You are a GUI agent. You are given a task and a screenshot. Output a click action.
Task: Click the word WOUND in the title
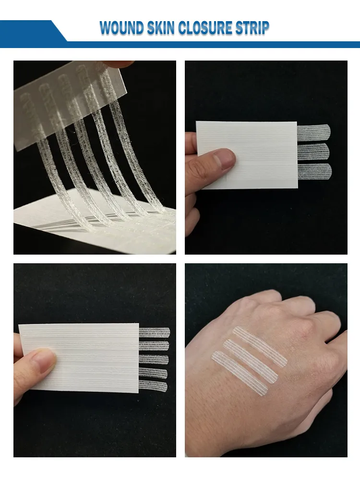point(122,28)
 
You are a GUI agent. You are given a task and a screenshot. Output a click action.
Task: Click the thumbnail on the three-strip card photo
point(224,159)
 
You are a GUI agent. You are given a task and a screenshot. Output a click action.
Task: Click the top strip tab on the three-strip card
point(314,131)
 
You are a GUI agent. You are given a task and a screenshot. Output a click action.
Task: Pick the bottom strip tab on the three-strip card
point(314,172)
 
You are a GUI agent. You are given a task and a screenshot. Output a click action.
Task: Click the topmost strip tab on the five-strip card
point(155,332)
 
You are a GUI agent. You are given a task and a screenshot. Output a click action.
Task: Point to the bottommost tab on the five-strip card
point(153,386)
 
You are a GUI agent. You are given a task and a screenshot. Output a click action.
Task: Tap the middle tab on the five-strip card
point(154,359)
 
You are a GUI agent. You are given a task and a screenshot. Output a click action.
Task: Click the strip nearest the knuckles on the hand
point(260,346)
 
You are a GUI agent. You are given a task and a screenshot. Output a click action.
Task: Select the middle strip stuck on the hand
point(251,361)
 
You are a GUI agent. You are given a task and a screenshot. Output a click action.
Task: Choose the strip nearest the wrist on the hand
point(240,373)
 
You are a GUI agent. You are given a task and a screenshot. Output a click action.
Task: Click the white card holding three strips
point(247,155)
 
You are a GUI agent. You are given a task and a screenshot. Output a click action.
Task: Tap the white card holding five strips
point(79,358)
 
